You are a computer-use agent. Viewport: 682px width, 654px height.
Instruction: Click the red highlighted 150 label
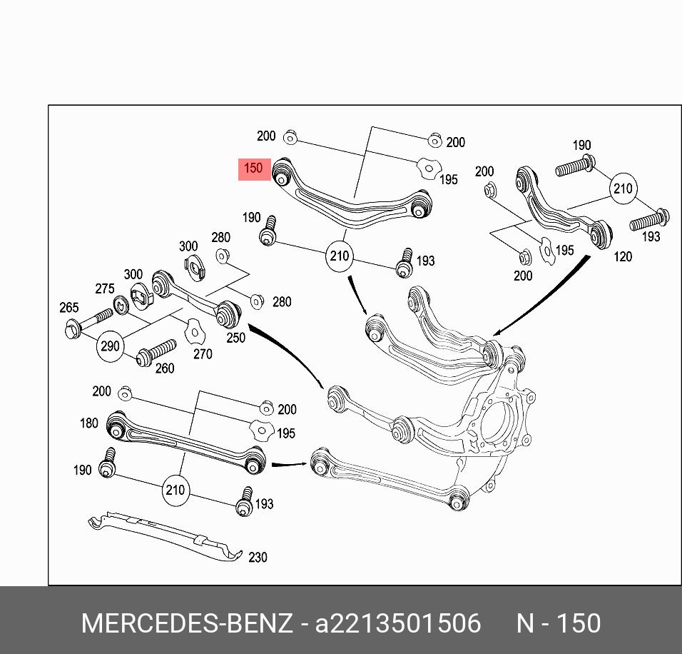[x=254, y=169]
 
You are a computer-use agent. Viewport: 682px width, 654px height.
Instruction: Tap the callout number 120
[x=623, y=256]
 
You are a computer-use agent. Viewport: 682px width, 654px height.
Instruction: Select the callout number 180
[x=88, y=423]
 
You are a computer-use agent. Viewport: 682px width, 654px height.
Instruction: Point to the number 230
[x=258, y=557]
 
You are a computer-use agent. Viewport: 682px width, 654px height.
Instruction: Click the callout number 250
[x=235, y=337]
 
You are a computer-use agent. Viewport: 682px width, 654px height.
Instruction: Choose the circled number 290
[x=110, y=346]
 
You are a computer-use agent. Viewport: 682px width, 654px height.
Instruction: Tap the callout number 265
[x=68, y=308]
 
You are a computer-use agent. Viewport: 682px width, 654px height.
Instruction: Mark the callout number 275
[x=104, y=288]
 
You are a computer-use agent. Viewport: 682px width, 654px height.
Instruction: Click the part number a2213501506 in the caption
[x=398, y=623]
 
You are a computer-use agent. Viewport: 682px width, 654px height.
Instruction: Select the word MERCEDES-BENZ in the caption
[x=187, y=623]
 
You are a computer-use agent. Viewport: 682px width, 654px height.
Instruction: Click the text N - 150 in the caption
[x=558, y=623]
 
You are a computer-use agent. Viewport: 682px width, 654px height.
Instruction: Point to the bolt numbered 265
[x=88, y=321]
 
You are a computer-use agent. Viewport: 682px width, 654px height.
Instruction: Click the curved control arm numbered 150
[x=350, y=203]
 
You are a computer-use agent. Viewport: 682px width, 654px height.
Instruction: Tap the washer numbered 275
[x=121, y=303]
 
